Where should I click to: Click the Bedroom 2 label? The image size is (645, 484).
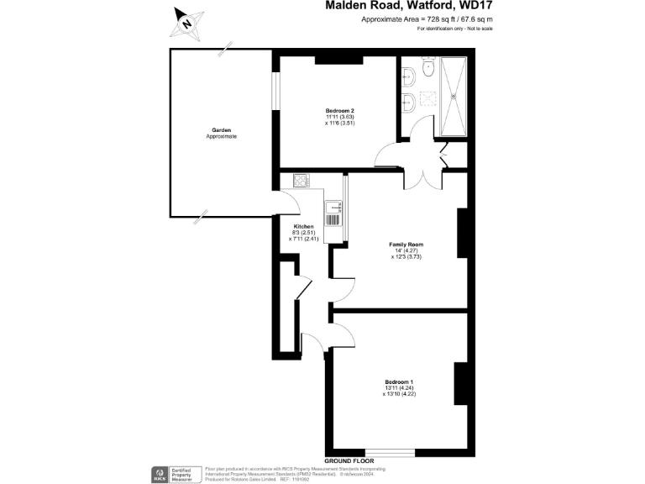340,111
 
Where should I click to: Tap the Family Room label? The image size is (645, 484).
406,245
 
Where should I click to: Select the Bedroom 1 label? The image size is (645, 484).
399,381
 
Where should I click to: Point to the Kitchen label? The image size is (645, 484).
303,227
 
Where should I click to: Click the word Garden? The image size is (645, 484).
222,130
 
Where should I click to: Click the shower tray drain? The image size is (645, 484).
454,95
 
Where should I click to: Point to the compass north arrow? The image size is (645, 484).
186,23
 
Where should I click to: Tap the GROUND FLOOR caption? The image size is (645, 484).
349,461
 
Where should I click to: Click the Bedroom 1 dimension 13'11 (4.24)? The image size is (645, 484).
399,387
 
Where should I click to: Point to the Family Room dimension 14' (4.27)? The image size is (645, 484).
406,250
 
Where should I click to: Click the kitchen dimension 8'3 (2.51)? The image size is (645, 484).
303,233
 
